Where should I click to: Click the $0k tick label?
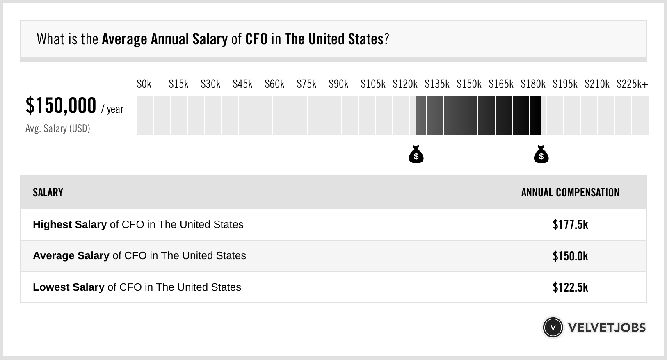144,84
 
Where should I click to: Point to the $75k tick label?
306,84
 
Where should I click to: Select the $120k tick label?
405,84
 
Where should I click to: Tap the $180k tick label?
533,84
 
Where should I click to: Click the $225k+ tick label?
632,84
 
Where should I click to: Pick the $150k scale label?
469,84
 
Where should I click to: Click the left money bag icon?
416,155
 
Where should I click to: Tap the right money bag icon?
541,155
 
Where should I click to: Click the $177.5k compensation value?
570,225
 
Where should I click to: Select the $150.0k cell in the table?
570,256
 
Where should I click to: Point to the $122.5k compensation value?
570,287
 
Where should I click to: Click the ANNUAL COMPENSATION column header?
570,193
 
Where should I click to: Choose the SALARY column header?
48,193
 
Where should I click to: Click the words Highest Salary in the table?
70,225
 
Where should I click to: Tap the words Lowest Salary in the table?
69,287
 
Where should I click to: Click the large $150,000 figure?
61,106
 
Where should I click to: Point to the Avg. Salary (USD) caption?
58,129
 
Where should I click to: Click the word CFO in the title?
256,39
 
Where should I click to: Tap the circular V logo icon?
553,328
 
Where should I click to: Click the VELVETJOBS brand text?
607,328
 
